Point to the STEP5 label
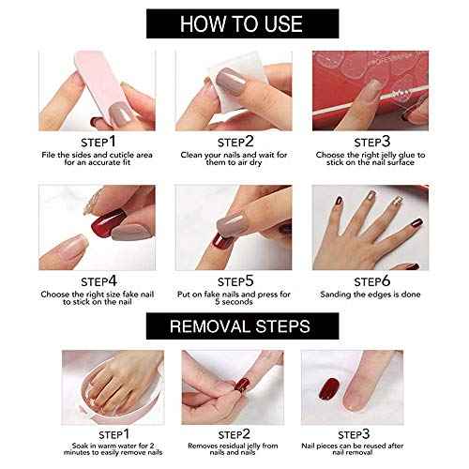(236, 280)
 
